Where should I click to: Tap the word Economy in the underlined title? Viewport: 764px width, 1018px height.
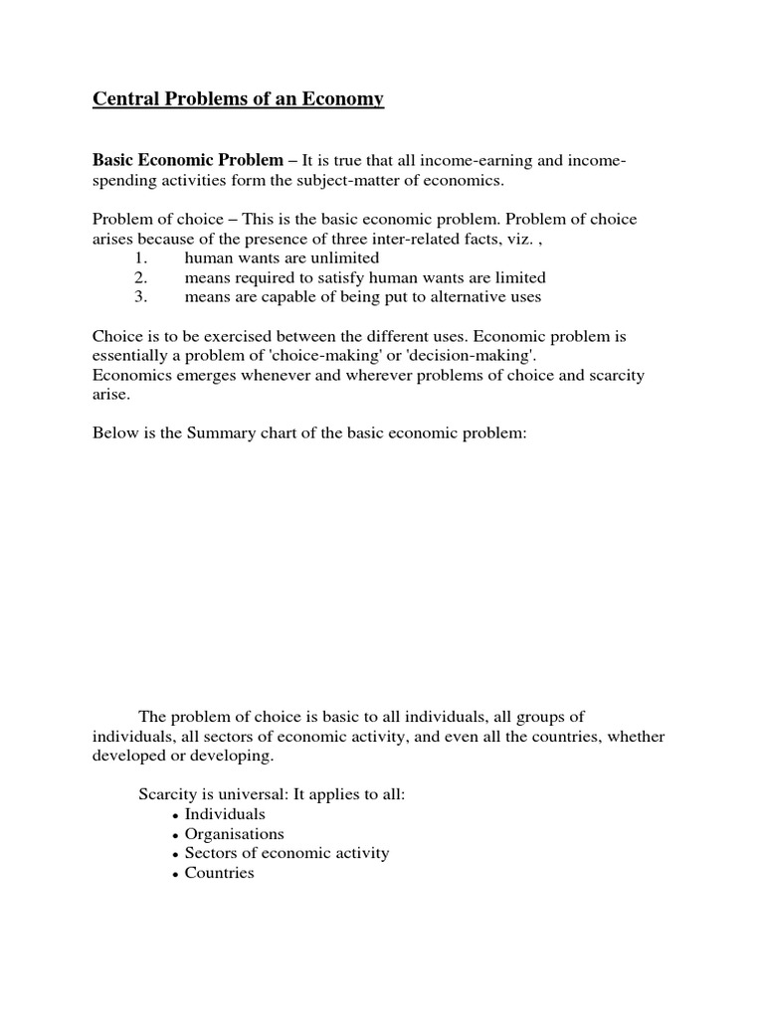pyautogui.click(x=340, y=99)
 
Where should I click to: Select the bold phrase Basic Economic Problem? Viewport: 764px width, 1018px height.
pyautogui.click(x=188, y=160)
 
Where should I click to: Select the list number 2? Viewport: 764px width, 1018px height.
pyautogui.click(x=139, y=277)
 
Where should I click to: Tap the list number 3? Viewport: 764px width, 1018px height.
pyautogui.click(x=139, y=297)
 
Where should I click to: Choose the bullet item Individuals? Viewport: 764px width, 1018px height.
pyautogui.click(x=225, y=814)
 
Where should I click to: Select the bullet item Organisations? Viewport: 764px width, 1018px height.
pyautogui.click(x=234, y=834)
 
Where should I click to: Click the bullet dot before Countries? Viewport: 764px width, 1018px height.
pyautogui.click(x=175, y=874)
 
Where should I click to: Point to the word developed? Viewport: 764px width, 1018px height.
pyautogui.click(x=125, y=756)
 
